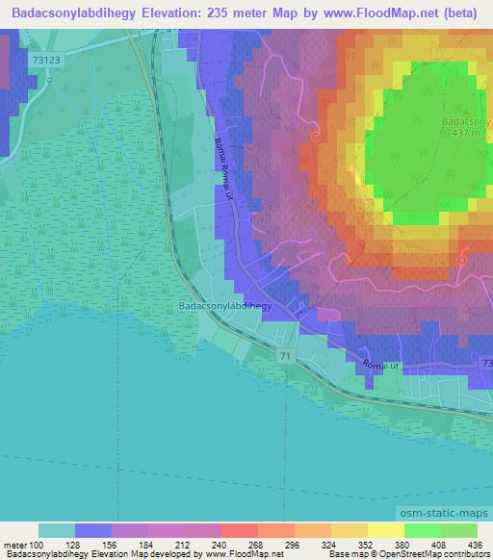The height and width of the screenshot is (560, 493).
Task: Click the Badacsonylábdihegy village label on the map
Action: [x=226, y=307]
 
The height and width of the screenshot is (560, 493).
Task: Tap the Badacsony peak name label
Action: [x=467, y=122]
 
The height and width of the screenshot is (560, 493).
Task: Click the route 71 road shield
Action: [x=286, y=356]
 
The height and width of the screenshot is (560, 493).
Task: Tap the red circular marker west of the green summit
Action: [x=315, y=138]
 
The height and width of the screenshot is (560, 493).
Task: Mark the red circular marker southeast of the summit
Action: [x=461, y=260]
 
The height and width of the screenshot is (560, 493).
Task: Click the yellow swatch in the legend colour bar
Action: [x=385, y=530]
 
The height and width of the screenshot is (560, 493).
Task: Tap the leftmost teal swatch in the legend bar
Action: [x=57, y=530]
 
